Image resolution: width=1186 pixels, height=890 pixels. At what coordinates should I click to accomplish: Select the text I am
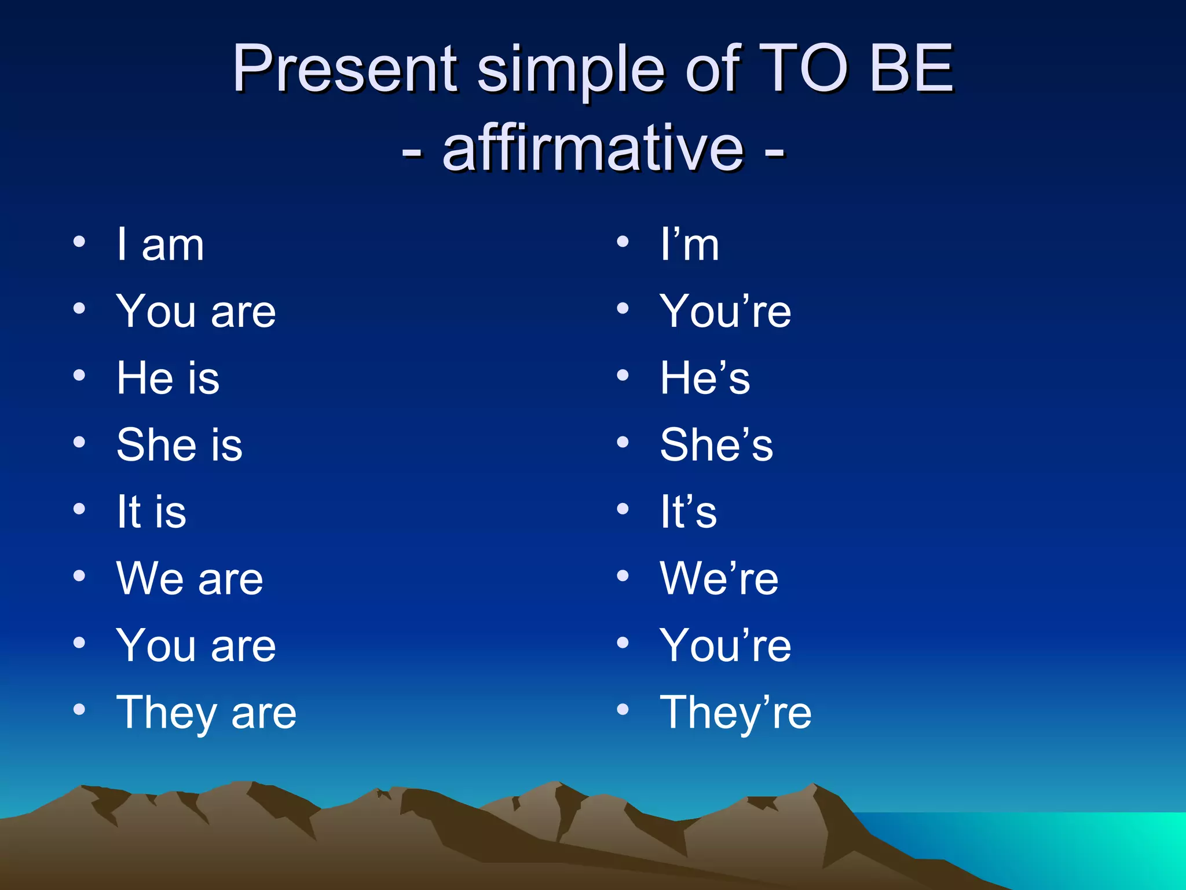(x=160, y=245)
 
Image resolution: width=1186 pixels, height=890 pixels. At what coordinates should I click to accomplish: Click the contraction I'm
(x=690, y=245)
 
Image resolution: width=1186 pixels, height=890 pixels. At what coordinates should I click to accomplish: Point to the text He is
(x=168, y=378)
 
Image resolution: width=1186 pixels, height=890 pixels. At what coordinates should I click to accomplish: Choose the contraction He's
(x=705, y=378)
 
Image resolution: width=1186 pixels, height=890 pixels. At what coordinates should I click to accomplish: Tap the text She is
(x=180, y=445)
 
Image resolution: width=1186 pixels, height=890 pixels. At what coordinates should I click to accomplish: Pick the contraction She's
(x=716, y=445)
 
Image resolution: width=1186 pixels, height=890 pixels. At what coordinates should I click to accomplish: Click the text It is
(x=152, y=512)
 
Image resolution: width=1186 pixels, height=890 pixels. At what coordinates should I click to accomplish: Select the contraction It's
(x=689, y=512)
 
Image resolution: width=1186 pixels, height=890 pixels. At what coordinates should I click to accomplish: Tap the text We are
(x=190, y=579)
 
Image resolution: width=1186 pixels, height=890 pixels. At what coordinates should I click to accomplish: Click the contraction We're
(x=719, y=579)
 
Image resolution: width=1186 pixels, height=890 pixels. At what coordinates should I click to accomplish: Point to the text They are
(x=207, y=713)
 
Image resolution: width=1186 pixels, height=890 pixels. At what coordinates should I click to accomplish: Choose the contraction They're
(x=735, y=713)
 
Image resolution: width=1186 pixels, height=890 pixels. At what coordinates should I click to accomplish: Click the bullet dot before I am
(x=80, y=242)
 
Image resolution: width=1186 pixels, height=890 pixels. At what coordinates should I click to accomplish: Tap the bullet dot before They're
(x=623, y=709)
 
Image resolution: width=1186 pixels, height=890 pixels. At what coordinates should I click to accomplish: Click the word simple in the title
(x=570, y=70)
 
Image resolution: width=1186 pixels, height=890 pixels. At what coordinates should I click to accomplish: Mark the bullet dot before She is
(x=80, y=442)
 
